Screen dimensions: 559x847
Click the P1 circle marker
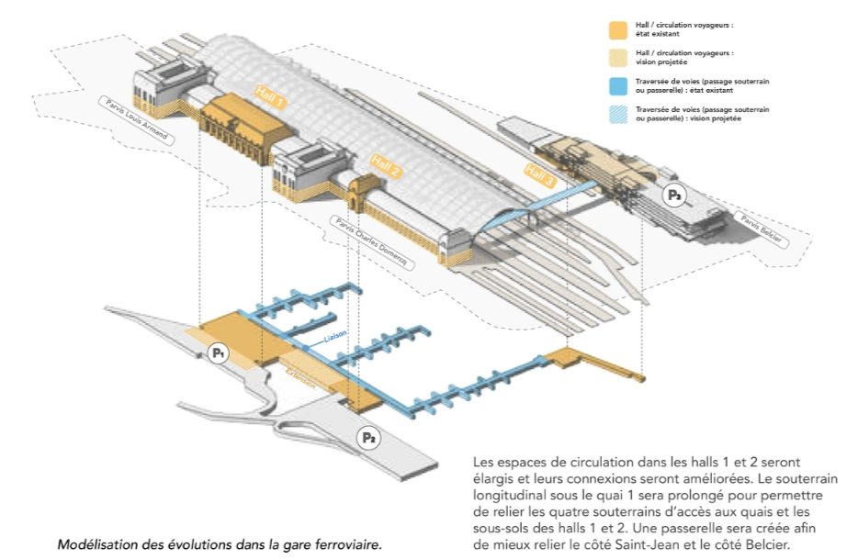pos(218,352)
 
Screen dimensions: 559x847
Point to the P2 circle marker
pos(368,438)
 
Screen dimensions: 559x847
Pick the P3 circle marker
pos(675,195)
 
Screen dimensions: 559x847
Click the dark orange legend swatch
pos(618,28)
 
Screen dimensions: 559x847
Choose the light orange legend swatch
pos(618,58)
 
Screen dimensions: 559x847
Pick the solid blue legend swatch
pos(618,86)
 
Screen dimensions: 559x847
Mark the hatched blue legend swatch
pos(618,115)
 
